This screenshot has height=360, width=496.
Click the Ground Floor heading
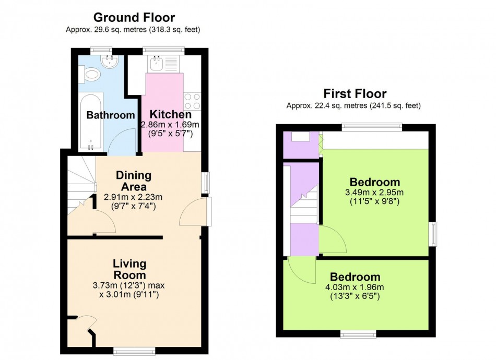(134, 17)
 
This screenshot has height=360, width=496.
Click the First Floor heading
(355, 93)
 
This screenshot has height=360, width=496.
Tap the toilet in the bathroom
(90, 74)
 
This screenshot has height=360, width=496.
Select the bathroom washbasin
(110, 62)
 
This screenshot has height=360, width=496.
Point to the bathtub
(91, 122)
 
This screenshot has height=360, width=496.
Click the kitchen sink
(156, 64)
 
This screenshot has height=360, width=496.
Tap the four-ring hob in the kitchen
(192, 101)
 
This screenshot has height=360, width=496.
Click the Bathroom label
(111, 115)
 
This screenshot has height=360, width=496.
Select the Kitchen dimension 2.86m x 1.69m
(170, 125)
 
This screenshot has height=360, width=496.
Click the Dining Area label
(134, 181)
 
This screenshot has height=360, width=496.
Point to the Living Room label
(129, 269)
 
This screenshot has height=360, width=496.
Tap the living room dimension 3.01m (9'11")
(129, 295)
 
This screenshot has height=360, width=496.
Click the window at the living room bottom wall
(134, 350)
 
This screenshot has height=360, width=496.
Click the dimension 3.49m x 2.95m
(374, 192)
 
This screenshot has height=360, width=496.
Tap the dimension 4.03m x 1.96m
(355, 287)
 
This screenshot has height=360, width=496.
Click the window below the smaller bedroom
(358, 334)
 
